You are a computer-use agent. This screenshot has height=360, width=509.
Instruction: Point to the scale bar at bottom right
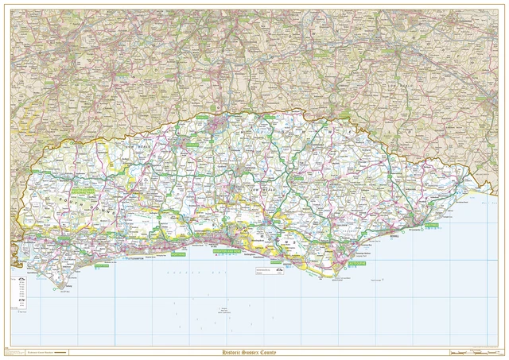[x=474, y=352]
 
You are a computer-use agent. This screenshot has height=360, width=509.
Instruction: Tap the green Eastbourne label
[x=356, y=261]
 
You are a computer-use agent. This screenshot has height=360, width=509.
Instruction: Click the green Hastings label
[x=431, y=226]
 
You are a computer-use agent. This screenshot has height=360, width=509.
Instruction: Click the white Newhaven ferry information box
[x=270, y=273]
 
